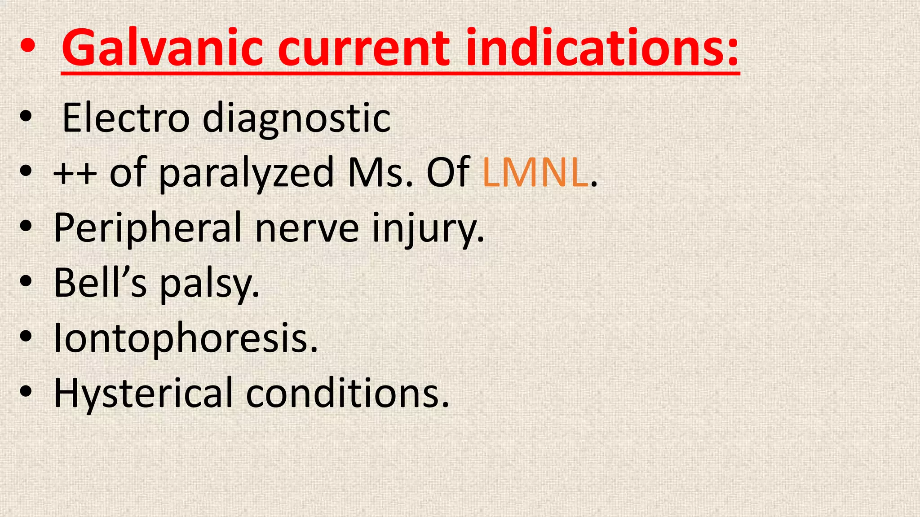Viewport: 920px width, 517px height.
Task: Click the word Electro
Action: point(126,118)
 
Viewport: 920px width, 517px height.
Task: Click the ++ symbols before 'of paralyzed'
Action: point(75,173)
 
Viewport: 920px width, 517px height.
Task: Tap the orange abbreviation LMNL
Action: point(535,173)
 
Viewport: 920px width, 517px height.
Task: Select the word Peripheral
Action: point(148,228)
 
